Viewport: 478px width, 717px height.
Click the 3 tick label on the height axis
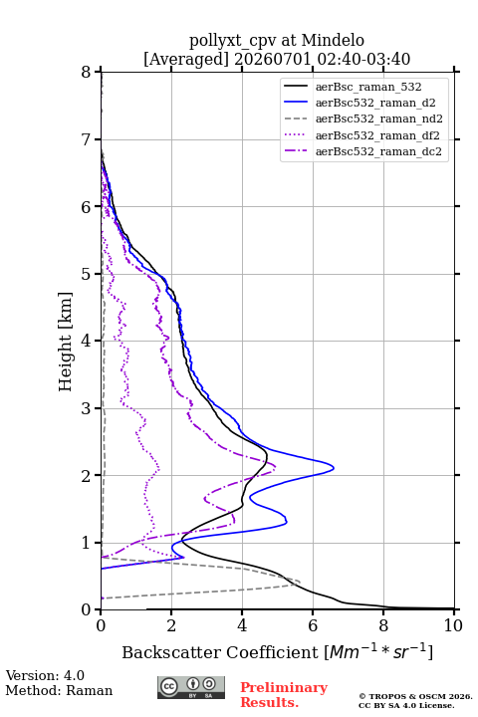(86, 408)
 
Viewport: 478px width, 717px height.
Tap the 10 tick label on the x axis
(453, 625)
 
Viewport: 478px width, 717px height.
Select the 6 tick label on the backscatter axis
(313, 625)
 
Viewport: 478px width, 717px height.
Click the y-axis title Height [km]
(66, 342)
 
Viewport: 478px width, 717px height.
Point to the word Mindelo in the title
(333, 40)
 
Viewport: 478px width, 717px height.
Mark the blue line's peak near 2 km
(334, 468)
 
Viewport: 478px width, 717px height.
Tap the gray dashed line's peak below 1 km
(300, 583)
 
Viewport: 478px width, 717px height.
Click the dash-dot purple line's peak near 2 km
(276, 466)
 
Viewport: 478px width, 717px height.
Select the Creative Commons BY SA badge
(191, 688)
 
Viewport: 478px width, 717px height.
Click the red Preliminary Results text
(284, 694)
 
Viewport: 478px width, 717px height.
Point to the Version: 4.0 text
(45, 675)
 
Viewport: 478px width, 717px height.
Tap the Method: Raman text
(59, 690)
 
